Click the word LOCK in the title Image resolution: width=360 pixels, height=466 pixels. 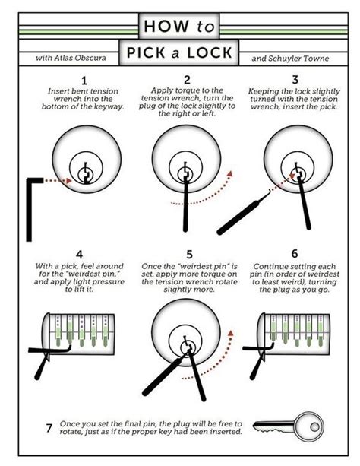click(x=206, y=56)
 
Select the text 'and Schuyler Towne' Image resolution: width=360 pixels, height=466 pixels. click(x=288, y=57)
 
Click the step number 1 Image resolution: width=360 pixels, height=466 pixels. click(x=84, y=80)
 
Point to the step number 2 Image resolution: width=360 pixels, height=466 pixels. click(x=186, y=80)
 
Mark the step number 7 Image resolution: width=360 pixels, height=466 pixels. click(x=49, y=428)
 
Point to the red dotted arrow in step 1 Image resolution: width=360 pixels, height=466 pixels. click(x=60, y=180)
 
